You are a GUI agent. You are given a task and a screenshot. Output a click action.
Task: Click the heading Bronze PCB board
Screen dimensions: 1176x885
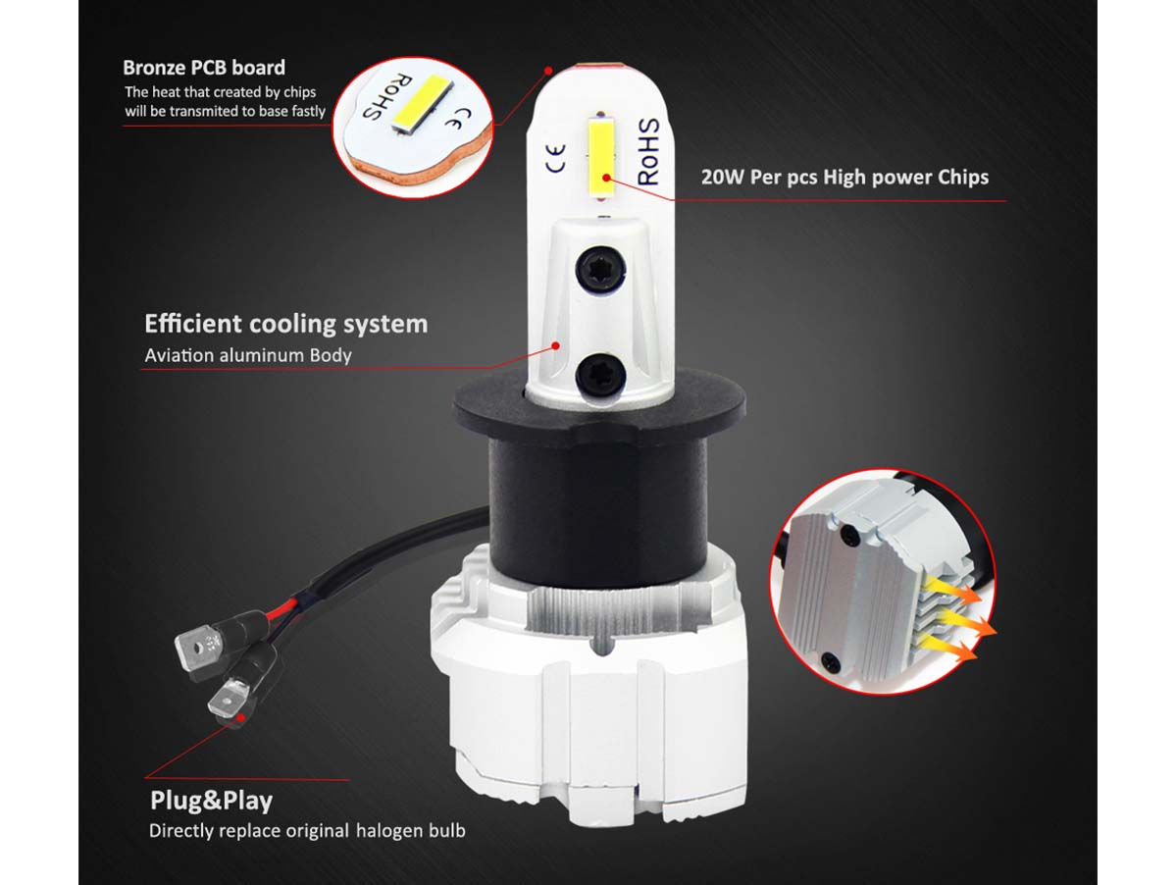pos(204,68)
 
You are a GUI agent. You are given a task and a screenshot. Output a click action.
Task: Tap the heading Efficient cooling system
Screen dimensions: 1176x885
pos(285,323)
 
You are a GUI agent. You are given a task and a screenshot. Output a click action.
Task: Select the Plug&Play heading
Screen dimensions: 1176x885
pos(212,801)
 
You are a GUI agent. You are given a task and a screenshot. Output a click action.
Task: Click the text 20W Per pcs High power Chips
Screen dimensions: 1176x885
pos(844,177)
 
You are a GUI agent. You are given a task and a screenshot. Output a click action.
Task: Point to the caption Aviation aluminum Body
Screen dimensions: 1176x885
pos(247,355)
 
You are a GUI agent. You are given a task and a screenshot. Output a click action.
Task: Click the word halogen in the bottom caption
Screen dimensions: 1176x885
pos(389,830)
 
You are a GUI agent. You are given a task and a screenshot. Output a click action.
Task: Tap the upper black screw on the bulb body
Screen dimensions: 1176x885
pos(600,269)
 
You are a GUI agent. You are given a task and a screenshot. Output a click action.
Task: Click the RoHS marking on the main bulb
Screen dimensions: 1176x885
pos(648,151)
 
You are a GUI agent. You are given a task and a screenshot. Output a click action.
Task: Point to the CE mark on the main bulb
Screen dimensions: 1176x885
pos(556,159)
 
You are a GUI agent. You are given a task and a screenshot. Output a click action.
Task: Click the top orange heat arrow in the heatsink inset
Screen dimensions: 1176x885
pos(952,588)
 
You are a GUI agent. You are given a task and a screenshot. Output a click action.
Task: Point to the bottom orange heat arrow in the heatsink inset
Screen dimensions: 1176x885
pos(951,646)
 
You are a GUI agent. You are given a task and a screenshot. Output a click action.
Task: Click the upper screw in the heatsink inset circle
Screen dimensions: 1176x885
pos(850,533)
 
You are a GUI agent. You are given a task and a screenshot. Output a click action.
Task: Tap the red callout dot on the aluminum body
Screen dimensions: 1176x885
pos(556,345)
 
